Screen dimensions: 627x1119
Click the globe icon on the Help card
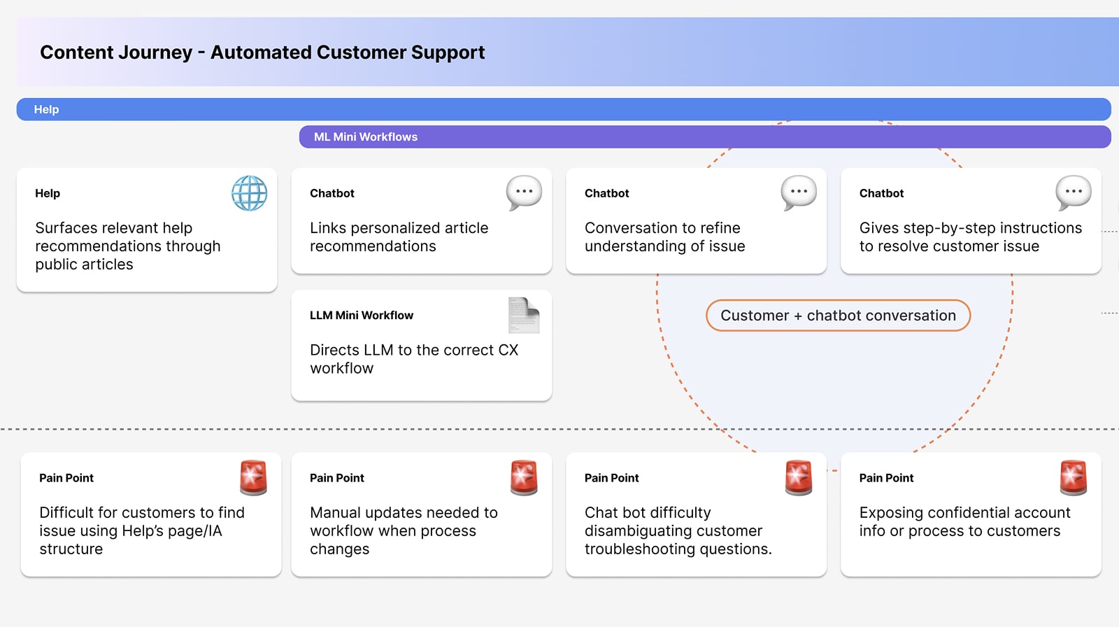pyautogui.click(x=250, y=193)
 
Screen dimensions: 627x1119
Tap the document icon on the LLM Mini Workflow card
pyautogui.click(x=524, y=316)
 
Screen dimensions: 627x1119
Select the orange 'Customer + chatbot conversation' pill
pyautogui.click(x=838, y=316)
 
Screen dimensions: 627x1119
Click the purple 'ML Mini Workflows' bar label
pyautogui.click(x=366, y=137)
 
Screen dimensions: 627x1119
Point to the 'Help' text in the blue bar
pyautogui.click(x=46, y=110)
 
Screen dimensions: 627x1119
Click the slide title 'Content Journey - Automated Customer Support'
pyautogui.click(x=262, y=52)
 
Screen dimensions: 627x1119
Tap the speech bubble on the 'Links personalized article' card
pyautogui.click(x=524, y=192)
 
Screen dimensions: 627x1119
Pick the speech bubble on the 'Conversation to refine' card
pyautogui.click(x=799, y=192)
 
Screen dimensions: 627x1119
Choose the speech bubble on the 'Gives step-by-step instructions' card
pyautogui.click(x=1074, y=192)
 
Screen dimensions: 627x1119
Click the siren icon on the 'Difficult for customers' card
pyautogui.click(x=253, y=478)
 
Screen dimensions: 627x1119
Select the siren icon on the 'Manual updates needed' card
pyautogui.click(x=524, y=478)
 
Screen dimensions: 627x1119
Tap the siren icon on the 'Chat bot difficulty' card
pyautogui.click(x=799, y=478)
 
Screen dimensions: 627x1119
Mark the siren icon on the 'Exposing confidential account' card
pyautogui.click(x=1074, y=478)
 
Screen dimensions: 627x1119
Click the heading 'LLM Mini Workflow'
pyautogui.click(x=362, y=316)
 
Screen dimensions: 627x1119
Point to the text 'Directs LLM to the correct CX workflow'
pyautogui.click(x=414, y=359)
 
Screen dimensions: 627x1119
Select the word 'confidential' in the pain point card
pyautogui.click(x=965, y=513)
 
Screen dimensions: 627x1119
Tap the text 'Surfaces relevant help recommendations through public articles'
pyautogui.click(x=127, y=246)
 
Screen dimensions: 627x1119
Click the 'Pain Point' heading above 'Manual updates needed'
pyautogui.click(x=337, y=478)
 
